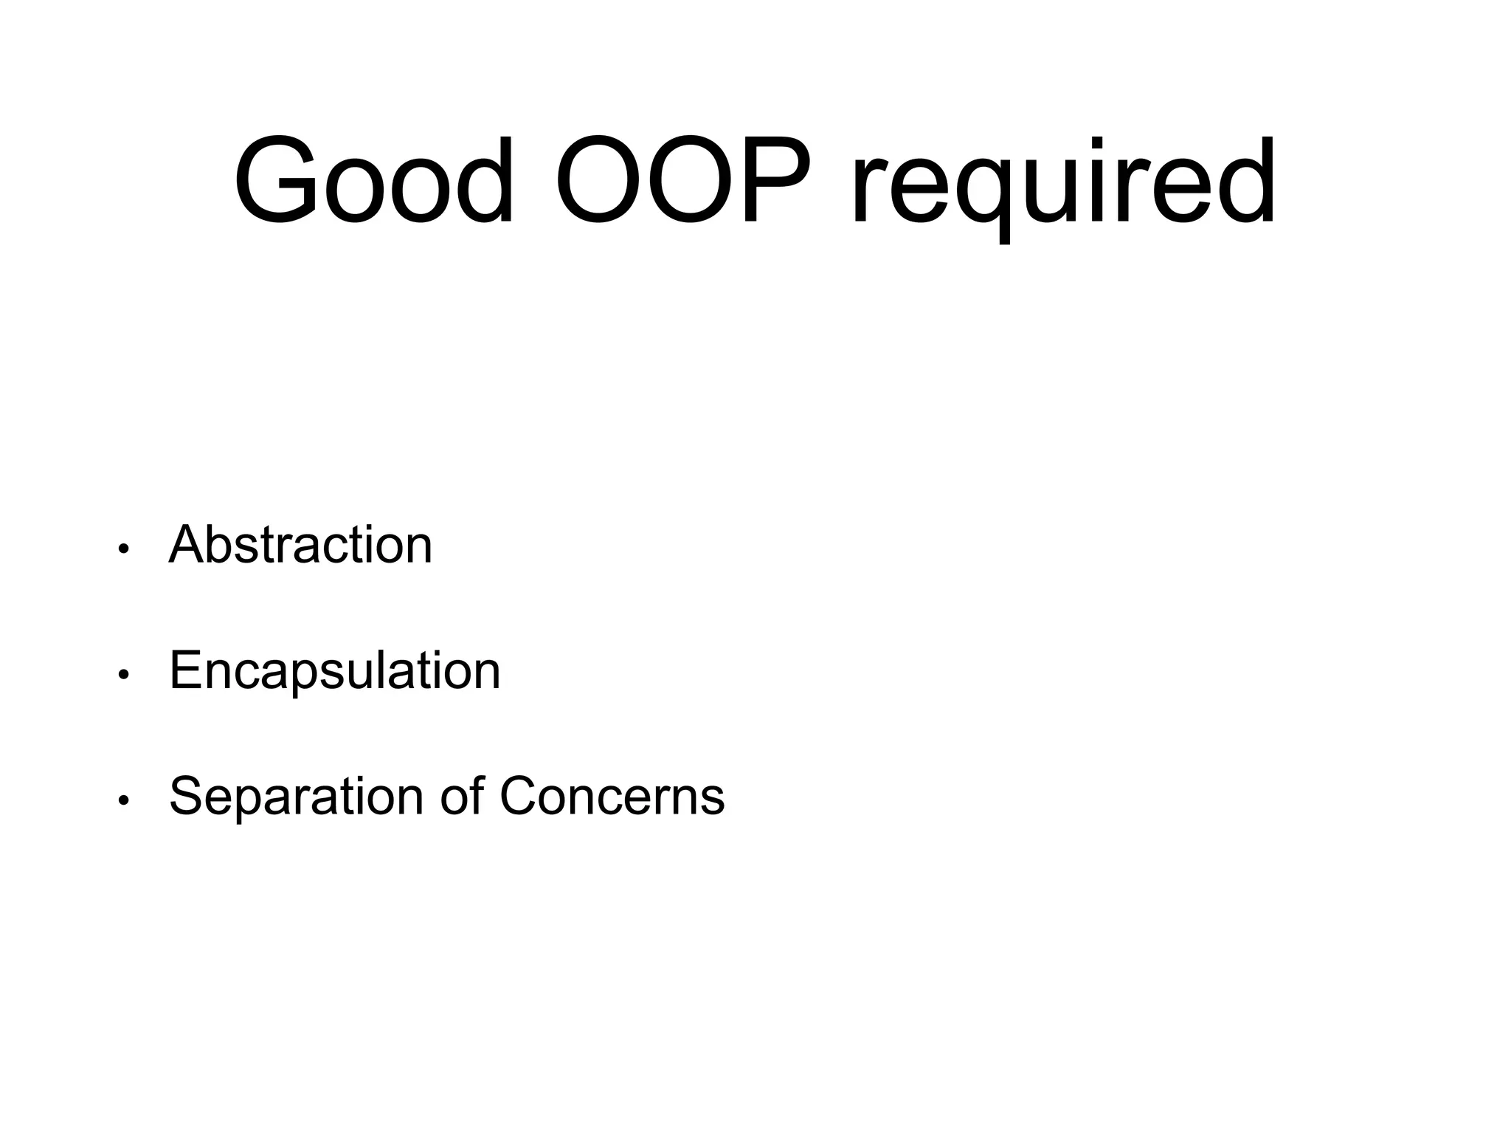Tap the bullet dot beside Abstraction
(x=124, y=549)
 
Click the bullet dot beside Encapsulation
(x=124, y=674)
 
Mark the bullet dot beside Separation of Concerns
(x=124, y=800)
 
